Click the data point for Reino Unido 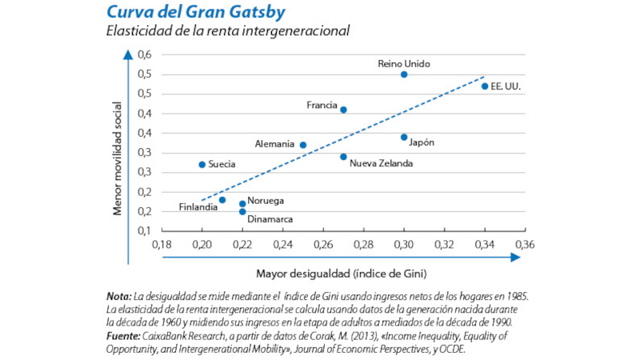coord(404,74)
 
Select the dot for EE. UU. coord(485,86)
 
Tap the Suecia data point coord(202,165)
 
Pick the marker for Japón coord(404,137)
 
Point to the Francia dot coord(343,110)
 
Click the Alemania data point coord(303,145)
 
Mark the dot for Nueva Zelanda coord(343,157)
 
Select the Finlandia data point coord(222,200)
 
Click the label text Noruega coord(266,201)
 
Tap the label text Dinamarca coord(270,218)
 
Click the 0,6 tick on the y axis coord(145,55)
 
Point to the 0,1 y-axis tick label coord(145,231)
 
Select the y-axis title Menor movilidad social coord(118,158)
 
